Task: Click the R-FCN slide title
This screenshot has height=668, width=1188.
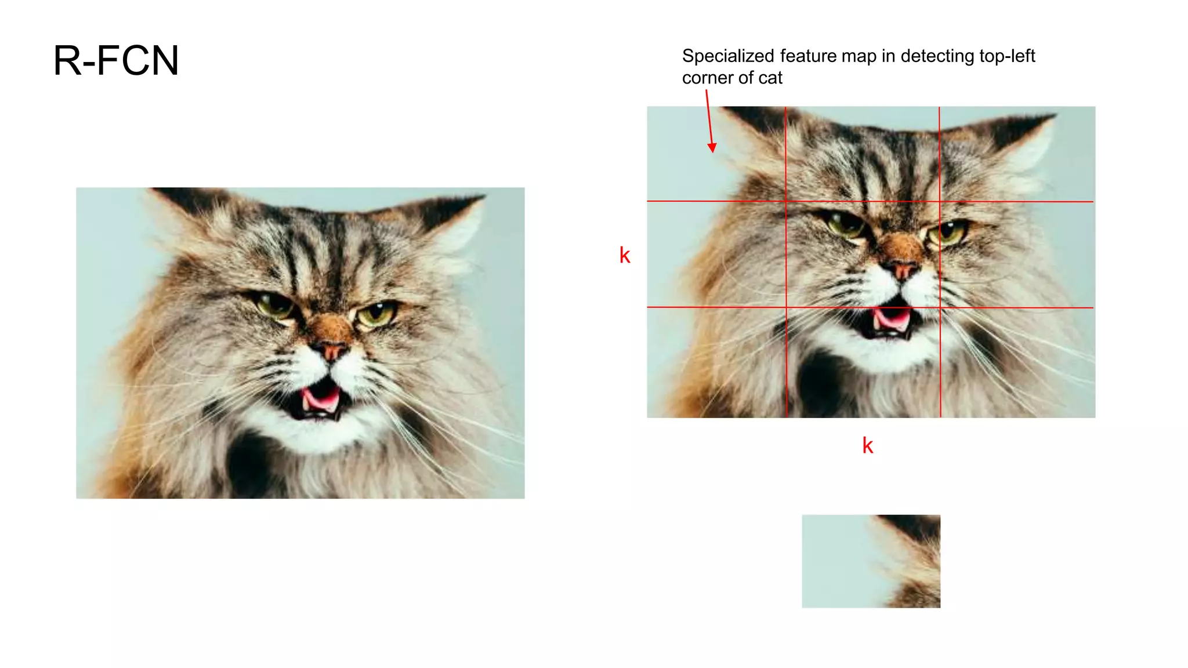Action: pyautogui.click(x=116, y=61)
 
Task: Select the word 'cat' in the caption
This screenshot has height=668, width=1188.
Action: pyautogui.click(x=770, y=78)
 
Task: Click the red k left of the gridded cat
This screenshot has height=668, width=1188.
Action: pyautogui.click(x=625, y=255)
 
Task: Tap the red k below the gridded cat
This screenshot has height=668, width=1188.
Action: pyautogui.click(x=868, y=445)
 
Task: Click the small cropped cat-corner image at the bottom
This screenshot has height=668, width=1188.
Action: pyautogui.click(x=871, y=561)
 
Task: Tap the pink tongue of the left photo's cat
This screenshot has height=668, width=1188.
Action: pyautogui.click(x=320, y=399)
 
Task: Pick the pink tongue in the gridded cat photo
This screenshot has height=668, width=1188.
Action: pyautogui.click(x=892, y=318)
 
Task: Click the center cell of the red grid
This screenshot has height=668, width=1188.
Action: pyautogui.click(x=863, y=254)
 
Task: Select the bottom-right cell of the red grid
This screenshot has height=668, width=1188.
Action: pyautogui.click(x=1017, y=362)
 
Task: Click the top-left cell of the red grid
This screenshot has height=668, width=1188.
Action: pyautogui.click(x=716, y=154)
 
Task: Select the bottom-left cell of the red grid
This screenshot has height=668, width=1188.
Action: pyautogui.click(x=716, y=362)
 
